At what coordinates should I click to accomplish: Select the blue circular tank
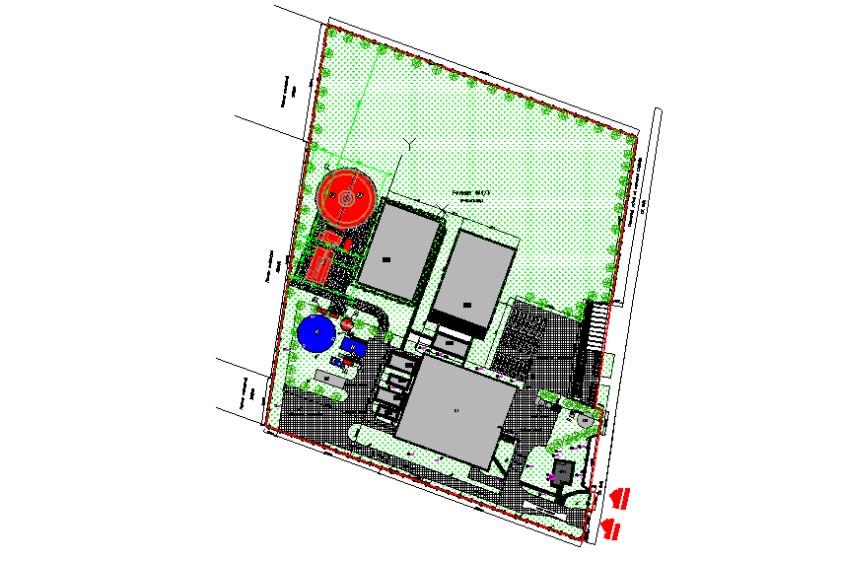[x=315, y=334]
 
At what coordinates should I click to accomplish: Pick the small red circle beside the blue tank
[x=347, y=324]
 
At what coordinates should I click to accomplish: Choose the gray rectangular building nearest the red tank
[x=398, y=250]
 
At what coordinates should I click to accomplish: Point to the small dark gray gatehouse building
[x=563, y=471]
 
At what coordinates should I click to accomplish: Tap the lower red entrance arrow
[x=611, y=529]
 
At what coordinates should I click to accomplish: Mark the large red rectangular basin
[x=319, y=265]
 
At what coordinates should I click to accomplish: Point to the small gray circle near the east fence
[x=585, y=420]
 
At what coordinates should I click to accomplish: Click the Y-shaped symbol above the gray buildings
[x=405, y=147]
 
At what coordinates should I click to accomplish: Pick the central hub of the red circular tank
[x=347, y=198]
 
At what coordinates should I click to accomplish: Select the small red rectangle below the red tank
[x=332, y=239]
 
